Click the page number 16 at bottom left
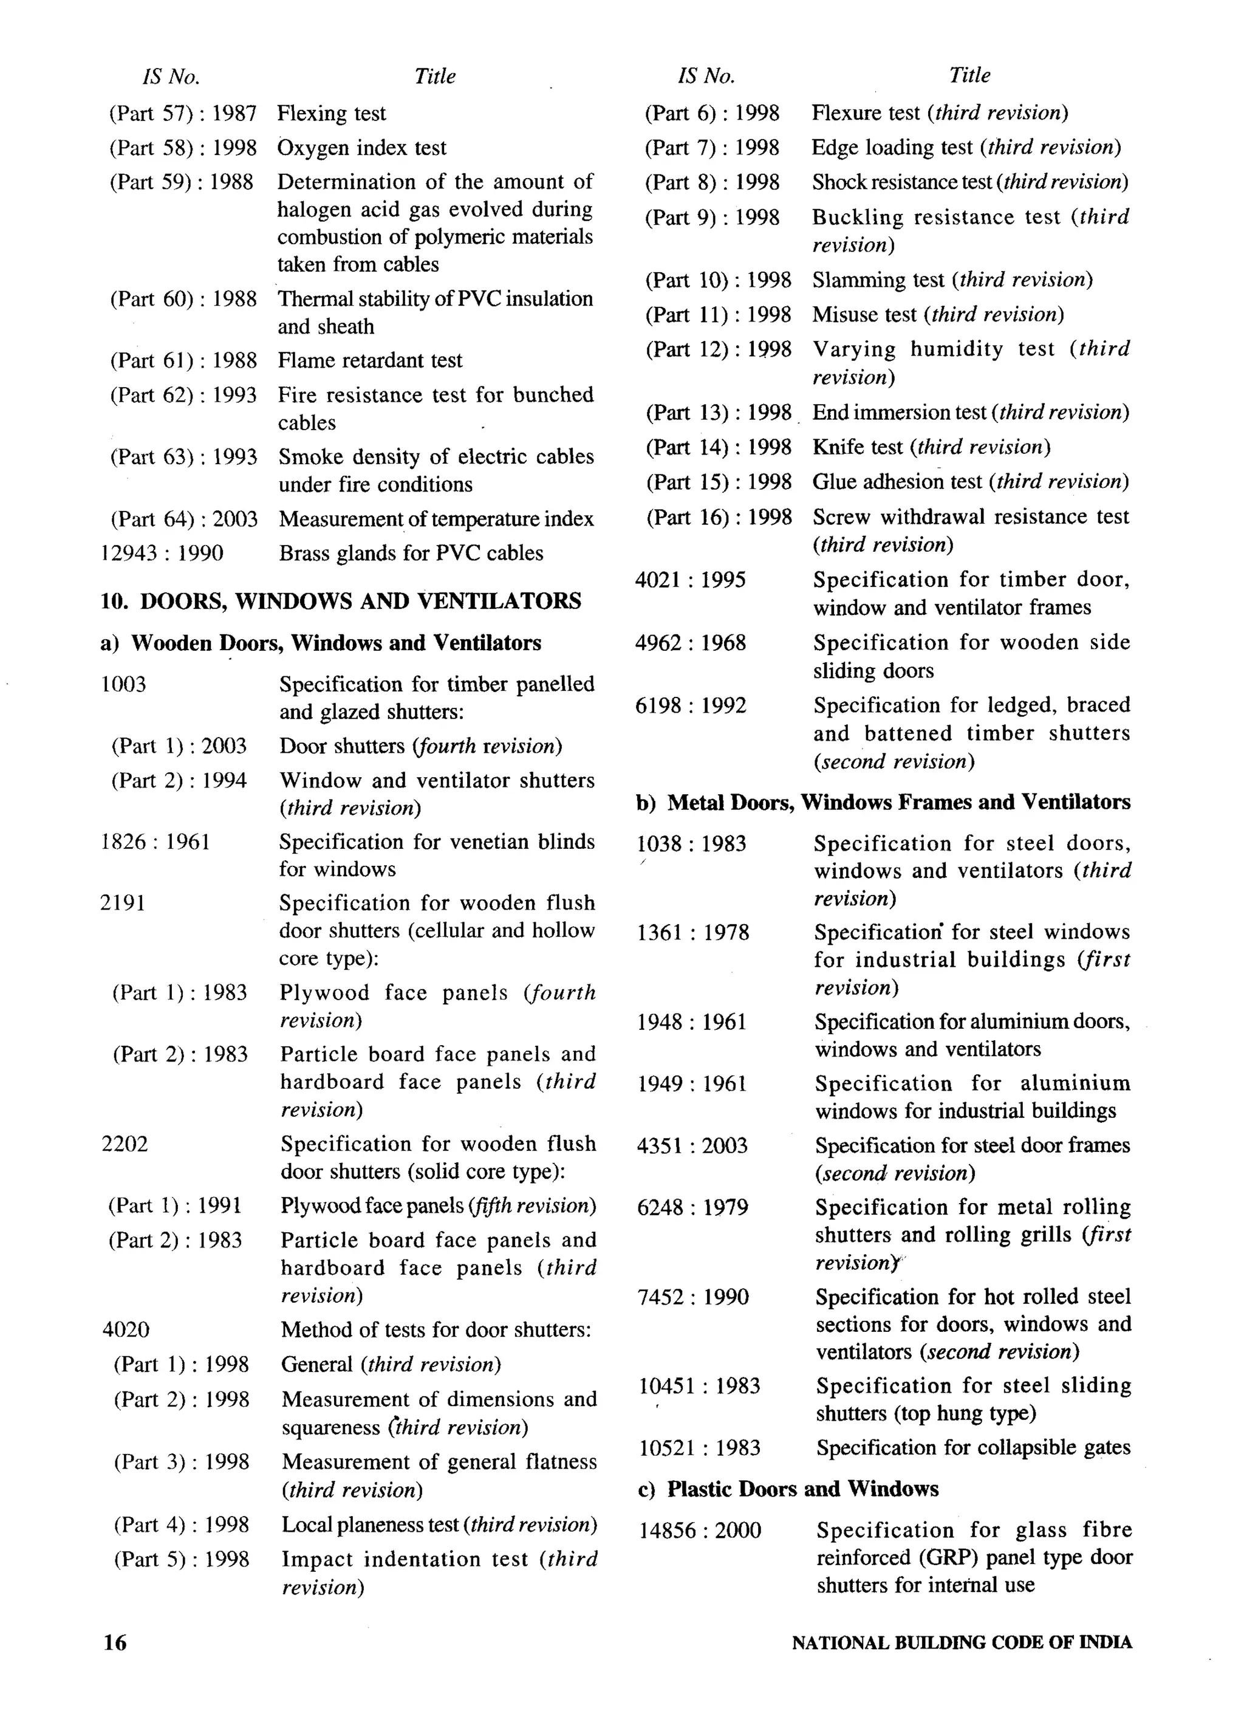tap(115, 1643)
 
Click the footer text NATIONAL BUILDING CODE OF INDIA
tap(961, 1643)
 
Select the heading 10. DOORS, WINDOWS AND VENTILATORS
tap(341, 601)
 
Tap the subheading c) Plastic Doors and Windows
tap(788, 1489)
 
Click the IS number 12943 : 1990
tap(162, 553)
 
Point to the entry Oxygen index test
tap(362, 148)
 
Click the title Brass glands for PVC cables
tap(411, 553)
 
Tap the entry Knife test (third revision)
tap(931, 447)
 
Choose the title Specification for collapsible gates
tap(973, 1447)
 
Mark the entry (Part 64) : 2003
tap(184, 519)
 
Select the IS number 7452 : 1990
tap(692, 1297)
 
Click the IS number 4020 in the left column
tap(126, 1329)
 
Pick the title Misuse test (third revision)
tap(938, 314)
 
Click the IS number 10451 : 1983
tap(699, 1386)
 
